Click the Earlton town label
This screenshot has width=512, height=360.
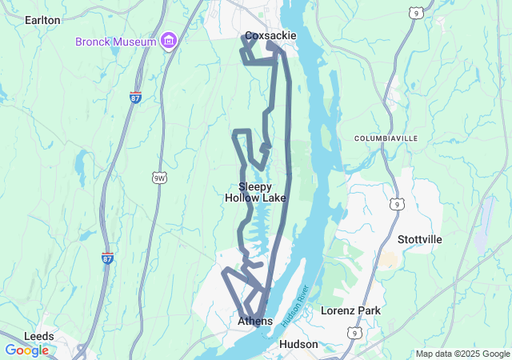[42, 19]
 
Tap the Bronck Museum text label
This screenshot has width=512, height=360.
[115, 40]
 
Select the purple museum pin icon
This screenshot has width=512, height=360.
[168, 40]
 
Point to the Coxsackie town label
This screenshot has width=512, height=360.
[270, 35]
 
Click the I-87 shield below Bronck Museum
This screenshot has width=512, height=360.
[136, 97]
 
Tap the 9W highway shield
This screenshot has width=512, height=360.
[158, 177]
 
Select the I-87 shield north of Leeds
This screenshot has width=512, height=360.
[107, 258]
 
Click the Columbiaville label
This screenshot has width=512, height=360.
[386, 138]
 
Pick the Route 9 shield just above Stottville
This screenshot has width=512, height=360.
[397, 205]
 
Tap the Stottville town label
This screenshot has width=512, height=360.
[419, 239]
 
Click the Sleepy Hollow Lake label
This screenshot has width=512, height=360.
[255, 192]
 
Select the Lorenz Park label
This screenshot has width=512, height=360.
[350, 310]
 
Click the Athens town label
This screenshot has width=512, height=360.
[255, 321]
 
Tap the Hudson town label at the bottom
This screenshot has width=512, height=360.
[298, 344]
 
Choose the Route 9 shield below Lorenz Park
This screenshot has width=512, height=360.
[354, 331]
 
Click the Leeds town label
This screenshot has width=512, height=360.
[39, 336]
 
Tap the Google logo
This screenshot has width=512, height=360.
[26, 350]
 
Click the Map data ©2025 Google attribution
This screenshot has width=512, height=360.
[461, 354]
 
